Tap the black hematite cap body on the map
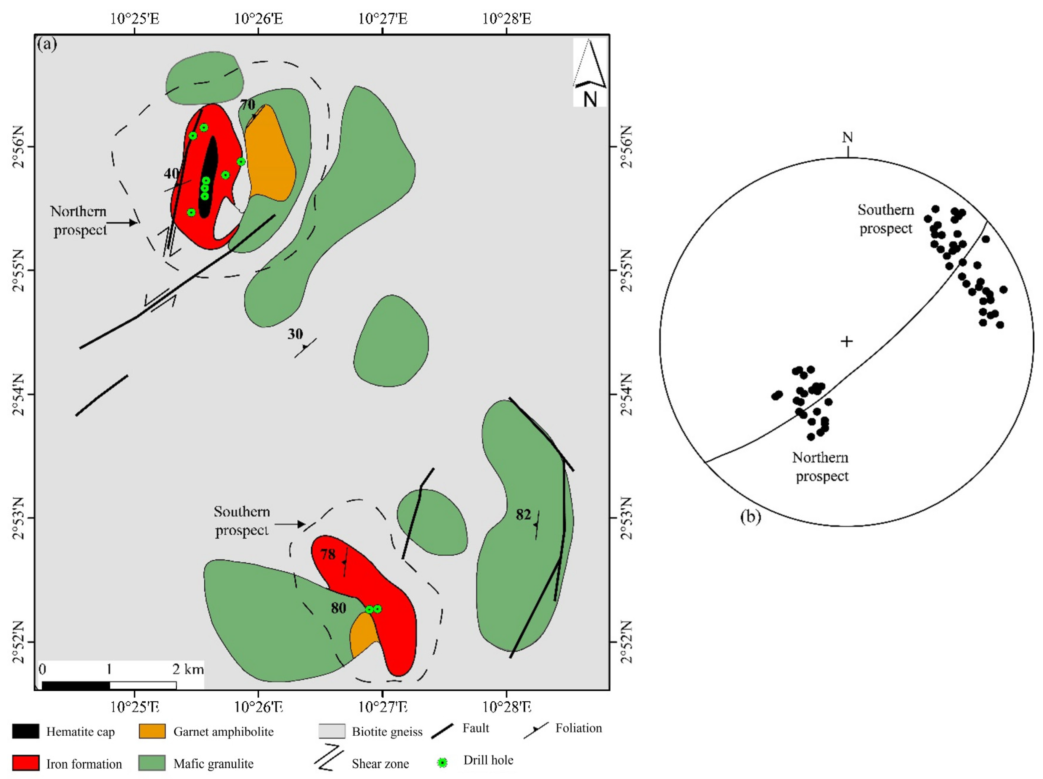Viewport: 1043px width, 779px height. [x=208, y=177]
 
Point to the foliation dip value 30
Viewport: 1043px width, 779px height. [x=295, y=334]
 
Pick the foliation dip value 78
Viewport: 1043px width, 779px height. [x=328, y=554]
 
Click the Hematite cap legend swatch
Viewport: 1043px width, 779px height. [x=26, y=731]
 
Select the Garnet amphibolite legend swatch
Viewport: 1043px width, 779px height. [x=152, y=731]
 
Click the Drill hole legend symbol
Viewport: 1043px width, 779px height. [x=442, y=762]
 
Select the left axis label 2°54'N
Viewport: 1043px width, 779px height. [x=19, y=394]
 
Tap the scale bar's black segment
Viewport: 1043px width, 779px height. [x=76, y=685]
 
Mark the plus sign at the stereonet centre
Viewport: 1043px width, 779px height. [x=847, y=341]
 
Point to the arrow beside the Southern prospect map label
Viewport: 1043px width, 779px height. [x=290, y=524]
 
